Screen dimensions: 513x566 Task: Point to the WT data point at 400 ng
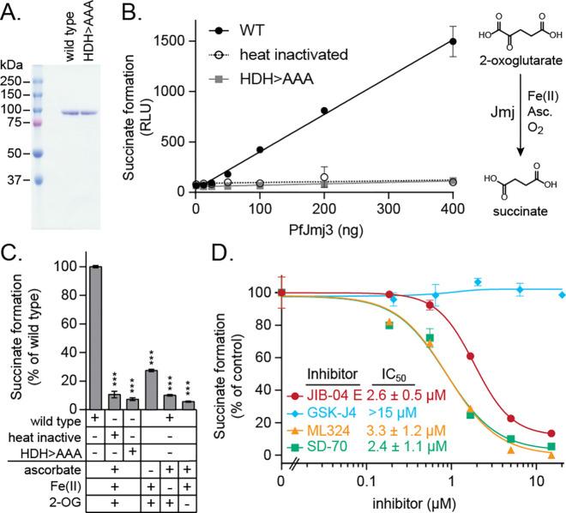[x=454, y=41]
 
